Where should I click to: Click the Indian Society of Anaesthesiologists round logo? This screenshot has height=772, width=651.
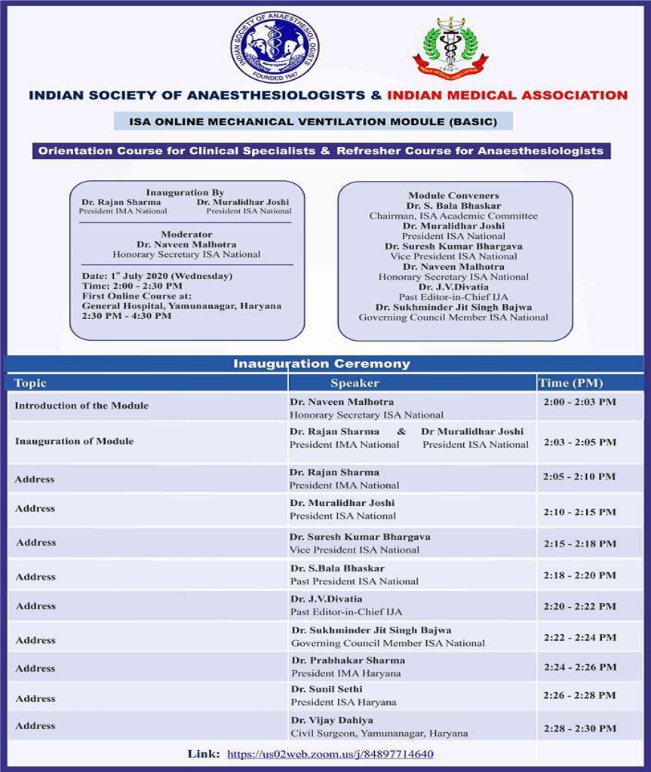[275, 47]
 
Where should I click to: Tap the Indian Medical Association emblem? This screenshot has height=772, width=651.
[450, 47]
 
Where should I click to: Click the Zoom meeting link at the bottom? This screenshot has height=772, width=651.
[330, 754]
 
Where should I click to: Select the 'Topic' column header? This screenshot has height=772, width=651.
[30, 383]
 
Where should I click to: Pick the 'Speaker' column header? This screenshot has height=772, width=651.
[355, 383]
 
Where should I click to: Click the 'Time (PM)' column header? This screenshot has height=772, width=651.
[570, 383]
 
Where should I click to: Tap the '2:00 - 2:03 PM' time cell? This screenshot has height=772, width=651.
[579, 402]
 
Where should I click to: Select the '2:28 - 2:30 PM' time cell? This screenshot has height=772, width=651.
[579, 728]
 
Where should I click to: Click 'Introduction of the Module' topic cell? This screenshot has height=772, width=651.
[81, 406]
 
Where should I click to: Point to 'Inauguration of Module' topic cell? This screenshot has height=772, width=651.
[74, 441]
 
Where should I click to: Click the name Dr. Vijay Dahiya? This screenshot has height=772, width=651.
[332, 720]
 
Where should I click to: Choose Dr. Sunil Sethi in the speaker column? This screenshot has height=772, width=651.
[327, 689]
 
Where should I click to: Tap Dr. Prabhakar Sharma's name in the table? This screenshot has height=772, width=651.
[348, 660]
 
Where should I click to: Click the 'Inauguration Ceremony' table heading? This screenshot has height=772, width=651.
[321, 364]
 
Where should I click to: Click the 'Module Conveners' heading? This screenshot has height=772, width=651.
[453, 196]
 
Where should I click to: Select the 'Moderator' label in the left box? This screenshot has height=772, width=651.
[186, 234]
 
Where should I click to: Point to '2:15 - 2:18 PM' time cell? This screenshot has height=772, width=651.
[579, 544]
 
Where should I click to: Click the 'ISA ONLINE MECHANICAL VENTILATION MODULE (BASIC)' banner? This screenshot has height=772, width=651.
[313, 121]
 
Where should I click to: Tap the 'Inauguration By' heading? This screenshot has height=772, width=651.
[185, 193]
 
